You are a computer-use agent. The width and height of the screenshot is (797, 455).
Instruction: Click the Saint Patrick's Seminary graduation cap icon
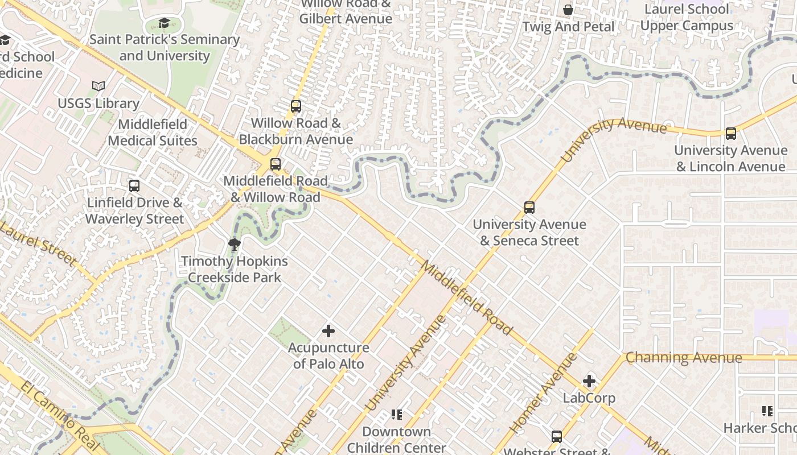click(x=164, y=23)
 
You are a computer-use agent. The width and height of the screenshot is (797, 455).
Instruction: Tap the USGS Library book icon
click(x=98, y=86)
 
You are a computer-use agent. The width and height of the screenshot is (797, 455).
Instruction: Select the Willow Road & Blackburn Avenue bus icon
click(x=295, y=106)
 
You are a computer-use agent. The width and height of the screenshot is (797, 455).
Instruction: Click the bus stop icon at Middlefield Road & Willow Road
click(x=276, y=164)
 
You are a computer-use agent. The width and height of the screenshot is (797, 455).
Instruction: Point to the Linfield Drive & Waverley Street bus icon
click(x=134, y=186)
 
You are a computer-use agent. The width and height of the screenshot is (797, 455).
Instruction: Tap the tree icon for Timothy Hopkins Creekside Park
click(x=233, y=245)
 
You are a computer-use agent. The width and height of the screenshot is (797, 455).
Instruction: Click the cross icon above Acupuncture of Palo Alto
click(x=328, y=330)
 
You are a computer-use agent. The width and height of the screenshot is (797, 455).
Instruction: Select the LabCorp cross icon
click(x=589, y=381)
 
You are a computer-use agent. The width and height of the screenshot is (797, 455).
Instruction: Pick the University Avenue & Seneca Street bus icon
click(x=529, y=208)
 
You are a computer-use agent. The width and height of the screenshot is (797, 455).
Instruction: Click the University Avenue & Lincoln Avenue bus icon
click(x=731, y=134)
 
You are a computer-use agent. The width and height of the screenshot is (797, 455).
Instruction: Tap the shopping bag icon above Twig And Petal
click(x=568, y=10)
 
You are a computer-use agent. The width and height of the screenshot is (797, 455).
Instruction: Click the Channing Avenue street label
click(x=684, y=358)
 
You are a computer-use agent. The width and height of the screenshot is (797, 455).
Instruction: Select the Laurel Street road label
click(x=38, y=244)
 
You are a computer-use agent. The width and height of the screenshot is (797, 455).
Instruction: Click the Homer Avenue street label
click(x=543, y=393)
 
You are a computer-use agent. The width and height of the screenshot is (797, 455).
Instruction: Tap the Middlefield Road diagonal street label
click(x=467, y=297)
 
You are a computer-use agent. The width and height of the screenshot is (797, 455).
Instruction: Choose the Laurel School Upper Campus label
click(x=687, y=18)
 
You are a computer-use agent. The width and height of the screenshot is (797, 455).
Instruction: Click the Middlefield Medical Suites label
click(x=153, y=133)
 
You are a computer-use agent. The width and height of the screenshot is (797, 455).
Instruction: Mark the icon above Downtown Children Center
click(x=397, y=415)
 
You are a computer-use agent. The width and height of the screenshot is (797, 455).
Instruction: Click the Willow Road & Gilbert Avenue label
click(x=346, y=11)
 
